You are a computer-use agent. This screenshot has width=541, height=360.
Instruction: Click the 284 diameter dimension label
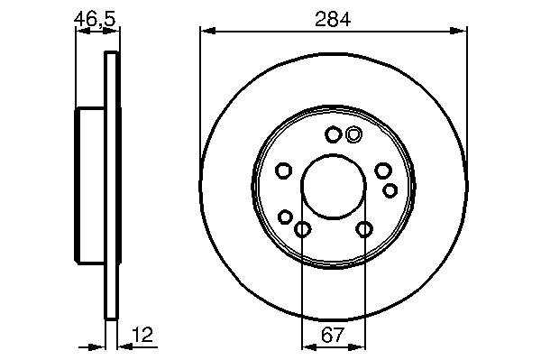[x=333, y=19]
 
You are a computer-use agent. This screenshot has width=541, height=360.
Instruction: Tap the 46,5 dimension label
[x=95, y=19]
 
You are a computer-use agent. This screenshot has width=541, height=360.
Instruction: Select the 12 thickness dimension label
[x=142, y=334]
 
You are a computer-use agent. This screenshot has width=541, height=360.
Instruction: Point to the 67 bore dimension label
[x=333, y=335]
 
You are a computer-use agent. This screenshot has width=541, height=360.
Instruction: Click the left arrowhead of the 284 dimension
[x=207, y=31]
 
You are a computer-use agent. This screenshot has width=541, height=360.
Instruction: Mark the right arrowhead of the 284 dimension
[x=459, y=31]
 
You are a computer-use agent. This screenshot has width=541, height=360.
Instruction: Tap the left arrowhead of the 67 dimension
[x=309, y=346]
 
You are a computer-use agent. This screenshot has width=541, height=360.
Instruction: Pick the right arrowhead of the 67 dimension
[x=357, y=346]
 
